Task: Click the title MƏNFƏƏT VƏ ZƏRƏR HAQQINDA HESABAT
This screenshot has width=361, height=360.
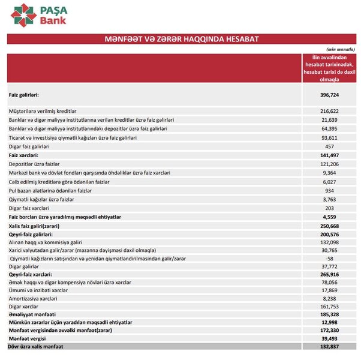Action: click(x=181, y=39)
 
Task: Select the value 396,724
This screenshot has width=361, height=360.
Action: click(x=330, y=95)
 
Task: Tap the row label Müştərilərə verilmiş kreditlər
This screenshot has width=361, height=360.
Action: click(x=43, y=112)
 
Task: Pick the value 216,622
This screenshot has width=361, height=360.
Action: click(x=330, y=112)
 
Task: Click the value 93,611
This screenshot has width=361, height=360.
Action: click(x=330, y=138)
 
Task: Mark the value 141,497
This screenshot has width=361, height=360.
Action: click(x=330, y=155)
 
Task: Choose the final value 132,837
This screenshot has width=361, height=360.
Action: click(x=330, y=347)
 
